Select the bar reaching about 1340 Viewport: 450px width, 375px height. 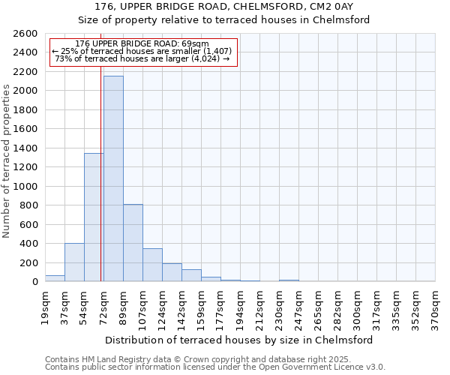point(94,217)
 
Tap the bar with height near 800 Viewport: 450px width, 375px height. point(133,243)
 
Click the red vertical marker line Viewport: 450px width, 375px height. point(100,150)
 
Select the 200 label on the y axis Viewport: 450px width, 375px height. point(30,263)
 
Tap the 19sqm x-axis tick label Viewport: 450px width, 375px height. point(45,305)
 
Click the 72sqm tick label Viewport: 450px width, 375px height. point(103,305)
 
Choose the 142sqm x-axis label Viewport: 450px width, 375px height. point(181,307)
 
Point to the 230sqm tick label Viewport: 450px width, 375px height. point(279,307)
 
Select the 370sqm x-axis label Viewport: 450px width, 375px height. point(435,307)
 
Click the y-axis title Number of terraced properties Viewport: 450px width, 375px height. point(7,161)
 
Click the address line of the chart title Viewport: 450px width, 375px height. point(225,7)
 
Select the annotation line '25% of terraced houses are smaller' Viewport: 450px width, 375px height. point(142,51)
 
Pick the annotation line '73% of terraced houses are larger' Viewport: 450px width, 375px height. point(142,58)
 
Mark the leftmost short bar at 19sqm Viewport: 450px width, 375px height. point(55,278)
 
